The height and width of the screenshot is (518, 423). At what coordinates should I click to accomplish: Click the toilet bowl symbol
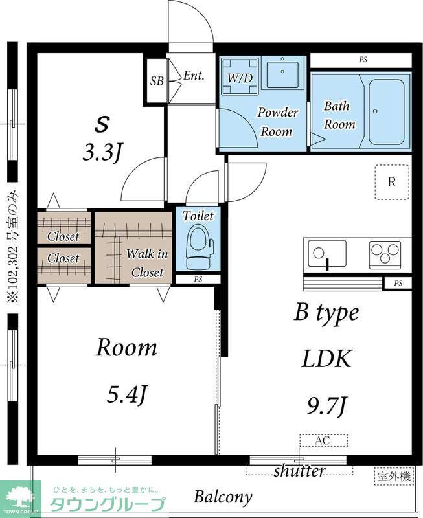[198, 247]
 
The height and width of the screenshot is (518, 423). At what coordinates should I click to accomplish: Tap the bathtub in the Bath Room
[386, 112]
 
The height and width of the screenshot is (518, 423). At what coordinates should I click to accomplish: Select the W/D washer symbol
[240, 76]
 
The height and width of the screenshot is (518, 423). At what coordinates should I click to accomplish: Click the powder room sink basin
[282, 73]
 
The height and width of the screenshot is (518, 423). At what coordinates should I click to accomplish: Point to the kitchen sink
[327, 254]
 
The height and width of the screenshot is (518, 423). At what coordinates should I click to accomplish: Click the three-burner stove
[385, 253]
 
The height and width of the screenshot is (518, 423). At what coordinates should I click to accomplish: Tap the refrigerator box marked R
[393, 182]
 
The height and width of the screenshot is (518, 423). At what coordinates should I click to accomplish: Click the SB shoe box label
[157, 80]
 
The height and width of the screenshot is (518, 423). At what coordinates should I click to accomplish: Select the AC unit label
[323, 440]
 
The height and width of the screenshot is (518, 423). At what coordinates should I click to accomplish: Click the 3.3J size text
[102, 153]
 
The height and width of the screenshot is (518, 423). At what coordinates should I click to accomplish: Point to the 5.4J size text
[126, 394]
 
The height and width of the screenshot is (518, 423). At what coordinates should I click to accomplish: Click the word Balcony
[223, 496]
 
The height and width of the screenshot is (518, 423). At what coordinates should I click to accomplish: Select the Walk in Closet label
[147, 263]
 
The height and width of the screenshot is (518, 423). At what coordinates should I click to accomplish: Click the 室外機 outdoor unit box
[394, 477]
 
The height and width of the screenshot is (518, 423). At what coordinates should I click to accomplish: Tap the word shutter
[299, 471]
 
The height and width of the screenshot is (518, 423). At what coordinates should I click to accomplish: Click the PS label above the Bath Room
[363, 60]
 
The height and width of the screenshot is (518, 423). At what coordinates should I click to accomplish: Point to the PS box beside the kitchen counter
[398, 284]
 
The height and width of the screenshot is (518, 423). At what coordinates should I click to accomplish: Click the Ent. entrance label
[194, 76]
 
